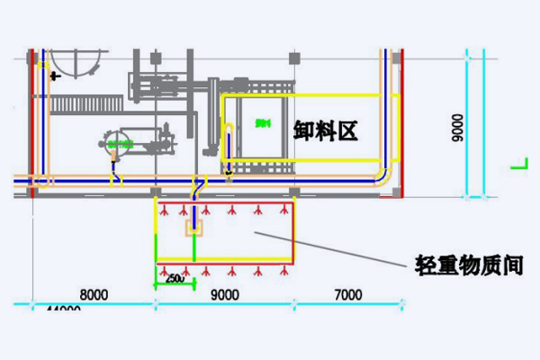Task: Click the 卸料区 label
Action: (326, 130)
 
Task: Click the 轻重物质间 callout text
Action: (470, 265)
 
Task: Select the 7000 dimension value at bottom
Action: (347, 293)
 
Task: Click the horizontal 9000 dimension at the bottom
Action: (225, 293)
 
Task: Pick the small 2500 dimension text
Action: (175, 279)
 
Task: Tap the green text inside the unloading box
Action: (262, 122)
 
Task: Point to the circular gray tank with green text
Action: (118, 144)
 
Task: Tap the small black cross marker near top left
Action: (55, 76)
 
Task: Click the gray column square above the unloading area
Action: (293, 58)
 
